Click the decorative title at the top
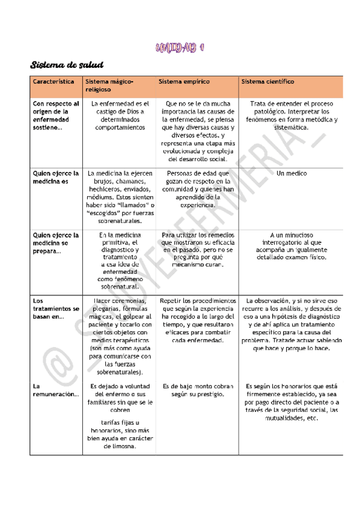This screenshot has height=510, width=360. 180,48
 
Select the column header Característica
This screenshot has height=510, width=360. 53,81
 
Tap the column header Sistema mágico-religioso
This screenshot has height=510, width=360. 109,85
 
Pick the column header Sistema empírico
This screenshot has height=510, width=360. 184,81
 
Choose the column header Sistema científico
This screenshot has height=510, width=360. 267,81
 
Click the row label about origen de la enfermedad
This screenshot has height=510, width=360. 55,115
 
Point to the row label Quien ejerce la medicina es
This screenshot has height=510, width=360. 55,177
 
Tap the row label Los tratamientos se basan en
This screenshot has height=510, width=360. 55,309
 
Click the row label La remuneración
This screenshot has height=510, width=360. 55,390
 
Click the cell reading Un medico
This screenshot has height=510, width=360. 291,173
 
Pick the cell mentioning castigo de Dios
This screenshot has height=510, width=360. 119,115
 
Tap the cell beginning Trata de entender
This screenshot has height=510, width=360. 293,115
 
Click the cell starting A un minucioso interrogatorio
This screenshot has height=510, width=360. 291,246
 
